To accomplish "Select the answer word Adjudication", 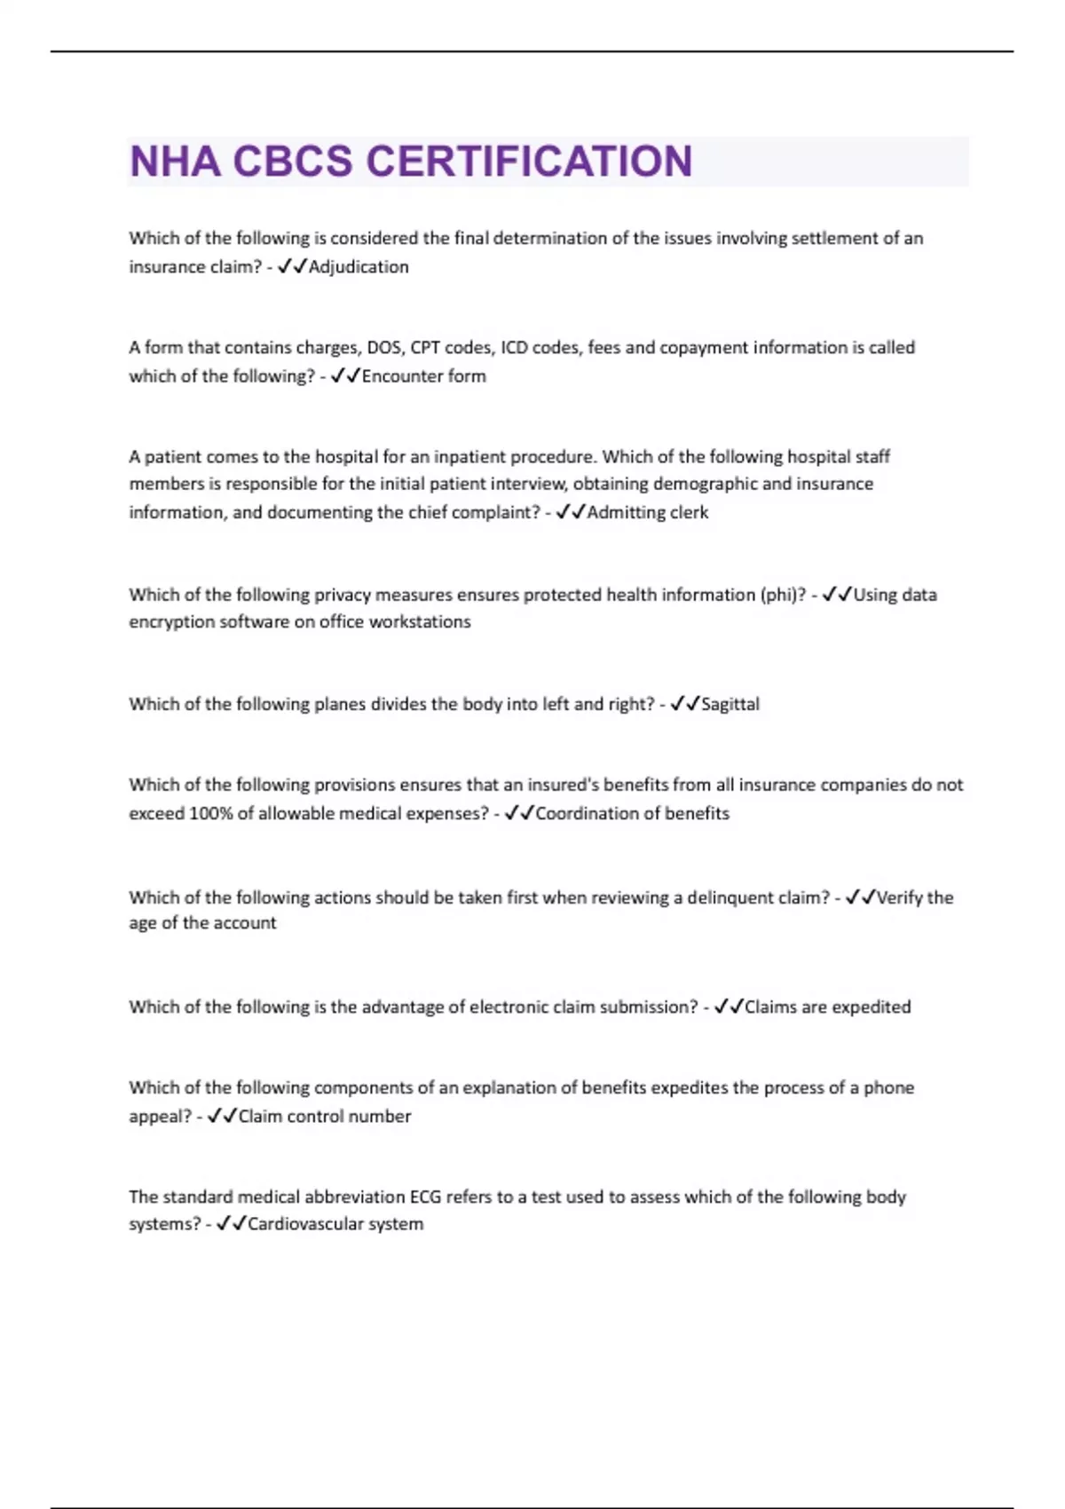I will [359, 267].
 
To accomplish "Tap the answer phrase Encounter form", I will [423, 376].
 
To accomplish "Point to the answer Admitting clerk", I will [647, 512].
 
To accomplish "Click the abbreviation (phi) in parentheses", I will [782, 595].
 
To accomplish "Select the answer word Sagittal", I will [730, 704].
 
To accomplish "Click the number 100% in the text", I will [210, 813].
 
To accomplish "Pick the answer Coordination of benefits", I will [632, 813].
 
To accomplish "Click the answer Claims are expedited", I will [827, 1007].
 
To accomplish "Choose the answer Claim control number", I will [324, 1116].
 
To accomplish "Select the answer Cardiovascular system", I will [335, 1224].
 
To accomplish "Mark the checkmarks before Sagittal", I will [684, 704].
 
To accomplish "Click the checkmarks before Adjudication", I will [291, 267].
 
